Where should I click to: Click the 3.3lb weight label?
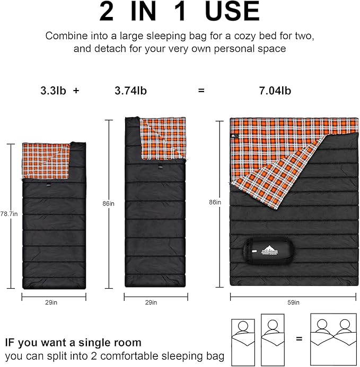[x=52, y=91]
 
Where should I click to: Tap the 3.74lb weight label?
[x=130, y=91]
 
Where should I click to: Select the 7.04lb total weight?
[x=275, y=91]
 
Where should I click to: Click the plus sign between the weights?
[x=76, y=91]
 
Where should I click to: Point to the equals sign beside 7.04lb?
[x=201, y=91]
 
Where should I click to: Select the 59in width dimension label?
[x=293, y=302]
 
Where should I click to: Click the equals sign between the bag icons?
[x=299, y=338]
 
